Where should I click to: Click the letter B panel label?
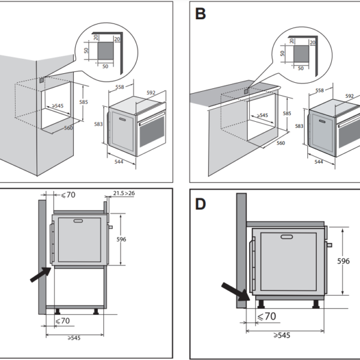(x=200, y=13)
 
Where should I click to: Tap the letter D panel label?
(x=200, y=204)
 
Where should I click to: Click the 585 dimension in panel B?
(x=287, y=113)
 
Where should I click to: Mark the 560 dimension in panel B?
(x=280, y=143)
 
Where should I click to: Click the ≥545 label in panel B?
(x=262, y=116)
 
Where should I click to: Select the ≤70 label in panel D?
(x=266, y=316)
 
